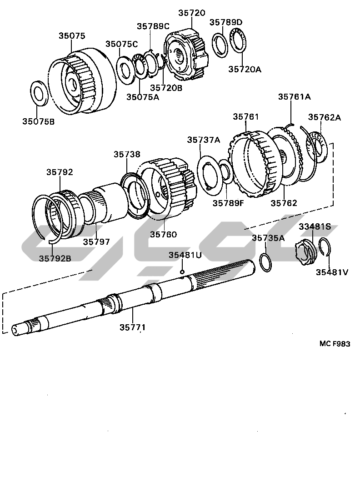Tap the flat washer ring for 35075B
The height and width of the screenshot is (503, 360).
coord(40,92)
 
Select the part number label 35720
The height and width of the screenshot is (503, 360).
coord(192,13)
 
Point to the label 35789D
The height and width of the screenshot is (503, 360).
coord(226,22)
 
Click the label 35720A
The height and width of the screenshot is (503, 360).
coord(245,69)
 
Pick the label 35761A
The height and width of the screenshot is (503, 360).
coord(295,96)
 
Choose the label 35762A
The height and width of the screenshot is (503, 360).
coord(325,117)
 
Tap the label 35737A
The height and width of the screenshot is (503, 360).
coord(203,140)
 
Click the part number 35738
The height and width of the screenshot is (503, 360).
coord(127,155)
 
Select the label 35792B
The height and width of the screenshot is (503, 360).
coord(55,258)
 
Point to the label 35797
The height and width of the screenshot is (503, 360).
coord(96,241)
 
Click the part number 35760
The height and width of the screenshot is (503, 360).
coord(163,235)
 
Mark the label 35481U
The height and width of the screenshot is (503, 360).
coord(185,255)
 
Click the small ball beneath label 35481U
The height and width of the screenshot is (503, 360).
coord(182,272)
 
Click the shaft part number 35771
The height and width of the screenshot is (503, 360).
coord(133,327)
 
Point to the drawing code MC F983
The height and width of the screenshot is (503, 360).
coord(335,344)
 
